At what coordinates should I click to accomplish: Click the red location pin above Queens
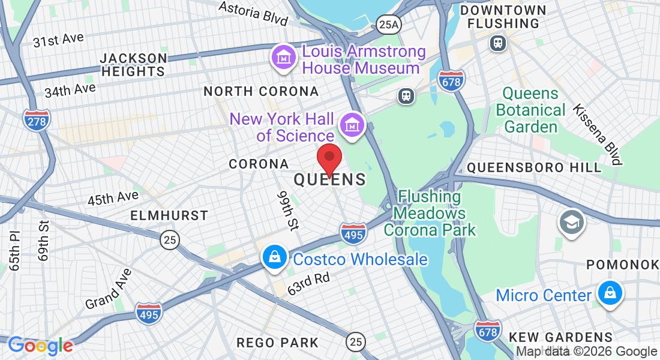click(x=329, y=159)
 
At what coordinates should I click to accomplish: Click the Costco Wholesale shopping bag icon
click(x=274, y=257)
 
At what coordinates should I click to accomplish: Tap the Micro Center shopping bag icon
click(x=610, y=293)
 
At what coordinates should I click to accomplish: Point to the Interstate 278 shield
click(x=37, y=120)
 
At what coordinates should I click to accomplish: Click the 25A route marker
click(x=388, y=24)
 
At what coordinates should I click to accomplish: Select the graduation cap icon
click(x=572, y=222)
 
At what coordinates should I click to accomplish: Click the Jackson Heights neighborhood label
click(x=133, y=65)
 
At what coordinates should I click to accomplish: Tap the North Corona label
click(x=261, y=91)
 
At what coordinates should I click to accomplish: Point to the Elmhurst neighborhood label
click(x=170, y=215)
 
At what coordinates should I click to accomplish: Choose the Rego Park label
click(x=278, y=343)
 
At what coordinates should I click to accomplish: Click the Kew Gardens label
click(x=560, y=337)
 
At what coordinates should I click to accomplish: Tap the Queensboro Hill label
click(x=534, y=167)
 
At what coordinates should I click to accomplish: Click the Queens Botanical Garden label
click(x=531, y=110)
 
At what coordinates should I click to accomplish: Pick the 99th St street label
click(x=288, y=211)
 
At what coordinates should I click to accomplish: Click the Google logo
click(x=40, y=346)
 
